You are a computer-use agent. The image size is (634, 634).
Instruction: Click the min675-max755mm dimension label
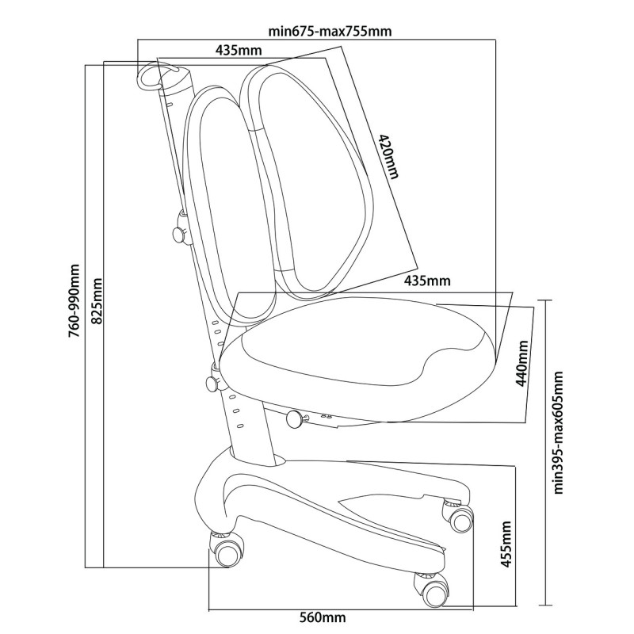(330, 31)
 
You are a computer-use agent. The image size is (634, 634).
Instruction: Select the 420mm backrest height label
(388, 156)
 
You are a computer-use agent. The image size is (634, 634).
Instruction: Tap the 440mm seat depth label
(522, 363)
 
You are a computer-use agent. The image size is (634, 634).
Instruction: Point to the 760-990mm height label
(74, 301)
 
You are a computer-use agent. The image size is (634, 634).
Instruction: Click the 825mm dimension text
(96, 301)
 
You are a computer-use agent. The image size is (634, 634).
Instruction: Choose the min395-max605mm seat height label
(558, 432)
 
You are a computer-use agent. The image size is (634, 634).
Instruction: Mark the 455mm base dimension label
(506, 544)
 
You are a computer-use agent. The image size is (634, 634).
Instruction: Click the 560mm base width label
(323, 617)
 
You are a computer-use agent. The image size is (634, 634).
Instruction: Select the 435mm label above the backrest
(239, 50)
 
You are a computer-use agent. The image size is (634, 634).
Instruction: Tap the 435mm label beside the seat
(427, 281)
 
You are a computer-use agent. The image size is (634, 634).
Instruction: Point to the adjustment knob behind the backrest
(180, 231)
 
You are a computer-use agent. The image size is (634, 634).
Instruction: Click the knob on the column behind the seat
(214, 381)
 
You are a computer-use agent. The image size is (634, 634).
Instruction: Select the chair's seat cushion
(358, 358)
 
